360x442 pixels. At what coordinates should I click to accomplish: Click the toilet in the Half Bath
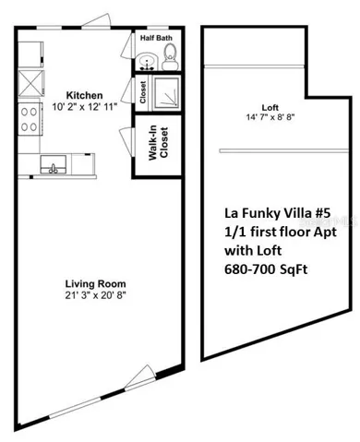170,57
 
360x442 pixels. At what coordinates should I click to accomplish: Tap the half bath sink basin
147,62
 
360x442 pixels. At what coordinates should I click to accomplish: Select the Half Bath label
156,38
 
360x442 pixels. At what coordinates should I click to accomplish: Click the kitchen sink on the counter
54,164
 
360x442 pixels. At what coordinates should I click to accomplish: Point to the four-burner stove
29,119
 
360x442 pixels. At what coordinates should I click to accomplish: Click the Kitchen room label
84,95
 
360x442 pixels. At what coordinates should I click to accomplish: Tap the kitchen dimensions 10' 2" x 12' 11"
85,107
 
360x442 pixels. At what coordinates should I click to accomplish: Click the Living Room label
95,283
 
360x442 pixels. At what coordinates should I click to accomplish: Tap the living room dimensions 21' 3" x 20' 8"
96,295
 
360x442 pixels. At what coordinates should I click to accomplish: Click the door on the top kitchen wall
96,21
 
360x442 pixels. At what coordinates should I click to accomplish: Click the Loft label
270,108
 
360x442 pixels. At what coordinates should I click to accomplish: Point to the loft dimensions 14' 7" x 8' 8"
270,117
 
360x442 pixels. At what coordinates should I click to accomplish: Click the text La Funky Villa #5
278,213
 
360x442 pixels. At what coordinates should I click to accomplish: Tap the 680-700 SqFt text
266,269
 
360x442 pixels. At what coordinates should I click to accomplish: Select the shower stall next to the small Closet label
166,92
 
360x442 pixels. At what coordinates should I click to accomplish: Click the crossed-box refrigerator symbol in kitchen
30,83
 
